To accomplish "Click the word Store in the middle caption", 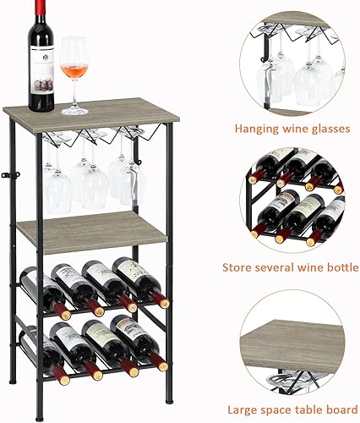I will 238,267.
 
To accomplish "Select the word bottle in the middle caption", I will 336,267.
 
